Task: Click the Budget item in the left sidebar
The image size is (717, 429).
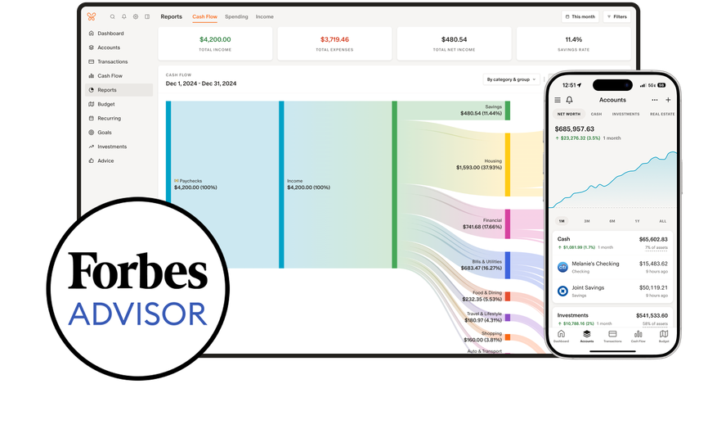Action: (105, 104)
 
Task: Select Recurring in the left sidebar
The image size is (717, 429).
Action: (109, 119)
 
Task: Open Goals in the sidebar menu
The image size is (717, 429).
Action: (105, 133)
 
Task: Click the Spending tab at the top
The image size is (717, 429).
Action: (236, 16)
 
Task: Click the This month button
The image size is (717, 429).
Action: (580, 16)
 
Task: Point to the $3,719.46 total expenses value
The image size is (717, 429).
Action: (334, 39)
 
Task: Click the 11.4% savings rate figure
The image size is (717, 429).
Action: (573, 39)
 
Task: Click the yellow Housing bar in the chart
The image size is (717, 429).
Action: (507, 165)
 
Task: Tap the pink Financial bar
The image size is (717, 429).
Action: (507, 224)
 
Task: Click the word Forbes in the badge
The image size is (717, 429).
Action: (137, 271)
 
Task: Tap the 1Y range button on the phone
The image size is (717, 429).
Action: (637, 221)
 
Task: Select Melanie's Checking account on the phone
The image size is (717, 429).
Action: (595, 264)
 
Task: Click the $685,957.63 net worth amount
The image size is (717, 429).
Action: (575, 129)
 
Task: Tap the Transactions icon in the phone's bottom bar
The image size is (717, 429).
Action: (612, 335)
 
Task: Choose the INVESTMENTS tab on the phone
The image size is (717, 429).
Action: (625, 114)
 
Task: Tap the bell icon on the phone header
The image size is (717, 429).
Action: (569, 100)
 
